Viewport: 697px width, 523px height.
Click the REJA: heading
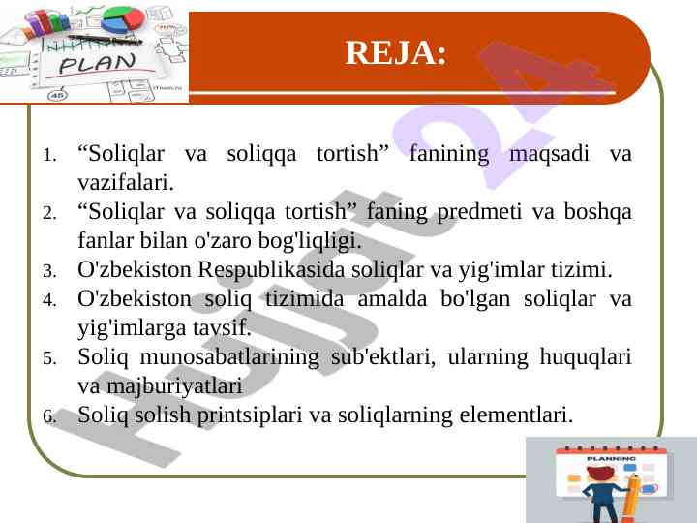(x=396, y=53)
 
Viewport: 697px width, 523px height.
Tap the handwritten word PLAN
(x=98, y=64)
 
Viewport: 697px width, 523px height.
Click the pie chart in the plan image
(x=123, y=19)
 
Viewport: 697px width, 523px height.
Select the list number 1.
(x=49, y=156)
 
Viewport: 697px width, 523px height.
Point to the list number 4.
(x=49, y=300)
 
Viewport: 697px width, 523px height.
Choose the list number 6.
(x=49, y=416)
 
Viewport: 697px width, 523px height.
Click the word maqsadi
(x=549, y=155)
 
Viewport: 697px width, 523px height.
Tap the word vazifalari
(x=126, y=182)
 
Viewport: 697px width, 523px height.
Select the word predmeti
(x=479, y=212)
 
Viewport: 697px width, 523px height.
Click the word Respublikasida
(x=271, y=271)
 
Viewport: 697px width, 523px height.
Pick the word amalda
(x=392, y=298)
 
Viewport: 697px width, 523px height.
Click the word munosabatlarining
(x=229, y=357)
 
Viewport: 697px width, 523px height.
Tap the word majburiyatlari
(x=175, y=386)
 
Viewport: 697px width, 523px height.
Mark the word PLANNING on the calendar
(x=611, y=458)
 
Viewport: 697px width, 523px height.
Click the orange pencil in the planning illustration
(x=631, y=499)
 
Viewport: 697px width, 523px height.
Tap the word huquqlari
(x=586, y=357)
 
